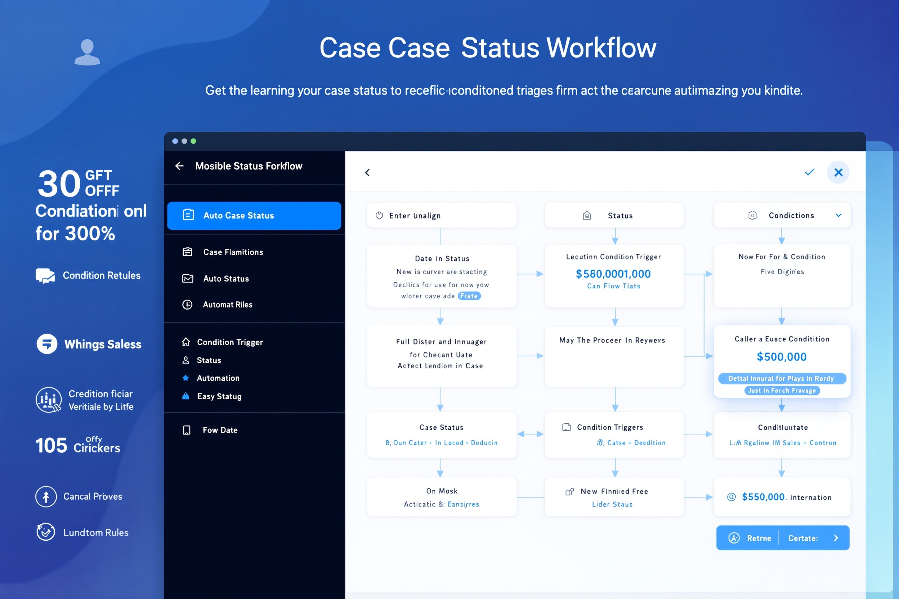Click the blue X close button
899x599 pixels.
(x=838, y=172)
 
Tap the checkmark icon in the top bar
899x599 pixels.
(x=809, y=172)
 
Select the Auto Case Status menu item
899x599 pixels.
(x=254, y=216)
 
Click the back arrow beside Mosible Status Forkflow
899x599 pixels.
(x=179, y=166)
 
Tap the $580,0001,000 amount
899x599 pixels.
(x=613, y=274)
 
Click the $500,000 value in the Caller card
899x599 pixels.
(x=782, y=357)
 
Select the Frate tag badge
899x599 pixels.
(x=469, y=296)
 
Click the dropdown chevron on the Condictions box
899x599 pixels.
(x=838, y=216)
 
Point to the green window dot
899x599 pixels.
(x=193, y=141)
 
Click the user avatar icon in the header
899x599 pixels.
(x=87, y=52)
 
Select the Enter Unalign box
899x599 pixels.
(x=442, y=216)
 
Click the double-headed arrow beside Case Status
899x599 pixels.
(x=530, y=434)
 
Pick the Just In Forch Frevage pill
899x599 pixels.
(x=782, y=391)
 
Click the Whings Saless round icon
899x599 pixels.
(x=47, y=344)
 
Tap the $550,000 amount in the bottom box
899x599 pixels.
(x=763, y=497)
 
